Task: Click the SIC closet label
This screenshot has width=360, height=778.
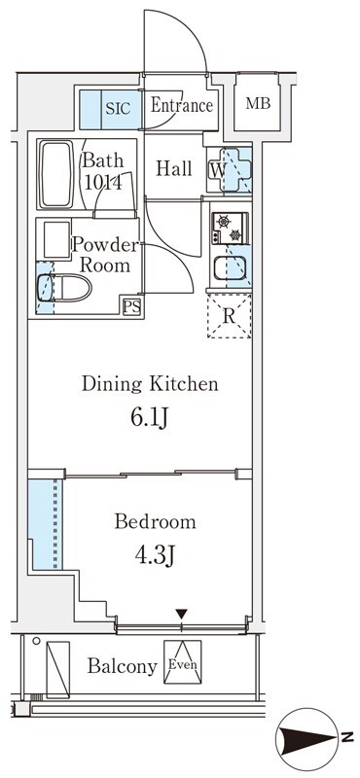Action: (x=118, y=108)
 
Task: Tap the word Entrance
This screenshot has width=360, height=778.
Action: (x=181, y=106)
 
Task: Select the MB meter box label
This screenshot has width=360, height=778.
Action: (x=258, y=104)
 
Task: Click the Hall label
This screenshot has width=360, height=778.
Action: (x=174, y=168)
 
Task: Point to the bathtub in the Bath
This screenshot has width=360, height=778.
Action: (x=56, y=175)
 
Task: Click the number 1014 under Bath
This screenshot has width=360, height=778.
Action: (x=103, y=184)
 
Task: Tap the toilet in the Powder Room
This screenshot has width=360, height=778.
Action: (x=64, y=288)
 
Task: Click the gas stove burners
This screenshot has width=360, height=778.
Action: (x=230, y=229)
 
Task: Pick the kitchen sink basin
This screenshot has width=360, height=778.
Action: (x=230, y=268)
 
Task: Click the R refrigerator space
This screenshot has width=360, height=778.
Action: (x=229, y=316)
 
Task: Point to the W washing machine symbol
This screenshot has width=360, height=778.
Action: (x=229, y=169)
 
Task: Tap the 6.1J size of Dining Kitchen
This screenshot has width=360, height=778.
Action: (x=150, y=419)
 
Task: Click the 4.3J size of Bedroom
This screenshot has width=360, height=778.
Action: (x=155, y=556)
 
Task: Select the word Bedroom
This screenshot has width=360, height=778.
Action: (x=155, y=522)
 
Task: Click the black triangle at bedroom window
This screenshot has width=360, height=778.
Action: (x=182, y=615)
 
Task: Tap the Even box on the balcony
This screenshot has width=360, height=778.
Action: (x=183, y=662)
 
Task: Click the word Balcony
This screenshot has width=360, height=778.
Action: (x=123, y=667)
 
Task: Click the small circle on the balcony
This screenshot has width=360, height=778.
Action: (x=36, y=641)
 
